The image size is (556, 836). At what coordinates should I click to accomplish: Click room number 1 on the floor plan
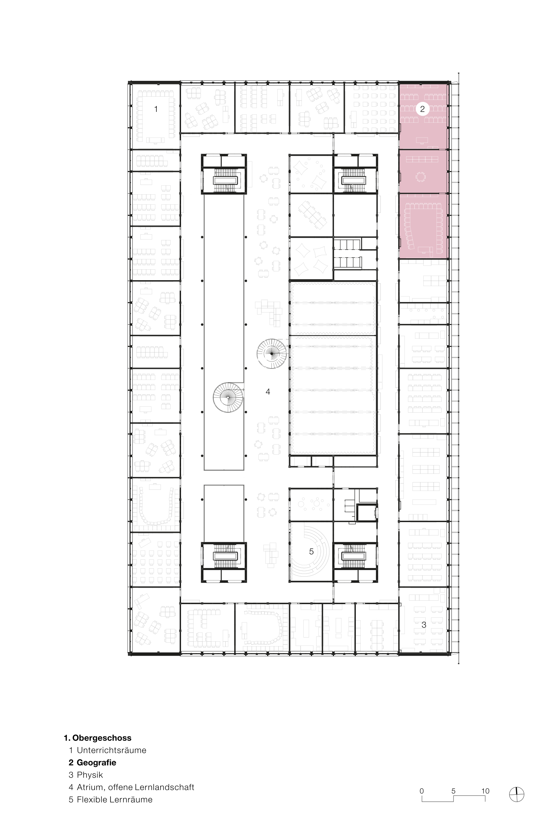click(x=156, y=109)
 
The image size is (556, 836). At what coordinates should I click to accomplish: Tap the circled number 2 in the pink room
click(x=422, y=109)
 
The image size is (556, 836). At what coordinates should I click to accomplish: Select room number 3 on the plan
click(x=424, y=625)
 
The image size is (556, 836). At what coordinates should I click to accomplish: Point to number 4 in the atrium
click(x=268, y=391)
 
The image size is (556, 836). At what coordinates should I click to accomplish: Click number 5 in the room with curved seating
click(x=311, y=551)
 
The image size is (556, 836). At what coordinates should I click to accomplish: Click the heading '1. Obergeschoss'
click(x=98, y=738)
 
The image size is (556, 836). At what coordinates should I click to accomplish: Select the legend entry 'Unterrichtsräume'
click(x=112, y=750)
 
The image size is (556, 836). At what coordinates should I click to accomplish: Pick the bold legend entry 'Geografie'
click(x=97, y=763)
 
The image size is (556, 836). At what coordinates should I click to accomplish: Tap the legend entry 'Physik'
click(x=90, y=775)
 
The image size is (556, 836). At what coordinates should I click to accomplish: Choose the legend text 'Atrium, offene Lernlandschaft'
click(x=136, y=787)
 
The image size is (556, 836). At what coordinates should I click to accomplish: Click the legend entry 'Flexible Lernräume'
click(x=115, y=800)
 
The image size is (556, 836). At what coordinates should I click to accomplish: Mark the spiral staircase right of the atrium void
click(x=272, y=354)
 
